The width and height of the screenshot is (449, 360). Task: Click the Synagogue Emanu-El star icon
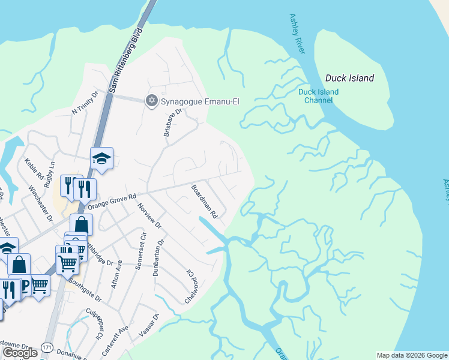tap(152, 100)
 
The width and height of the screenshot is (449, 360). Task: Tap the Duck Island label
tap(349, 78)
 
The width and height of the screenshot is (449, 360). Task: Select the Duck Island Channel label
tap(318, 96)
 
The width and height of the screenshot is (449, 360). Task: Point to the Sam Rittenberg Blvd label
tap(127, 59)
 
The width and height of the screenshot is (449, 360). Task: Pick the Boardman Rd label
tap(203, 200)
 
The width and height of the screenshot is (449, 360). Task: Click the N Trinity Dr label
tap(85, 103)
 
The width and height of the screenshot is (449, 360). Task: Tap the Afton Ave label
tap(116, 274)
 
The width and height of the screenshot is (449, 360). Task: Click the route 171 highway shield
tap(47, 348)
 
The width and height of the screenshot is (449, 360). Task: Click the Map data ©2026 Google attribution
tap(412, 355)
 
